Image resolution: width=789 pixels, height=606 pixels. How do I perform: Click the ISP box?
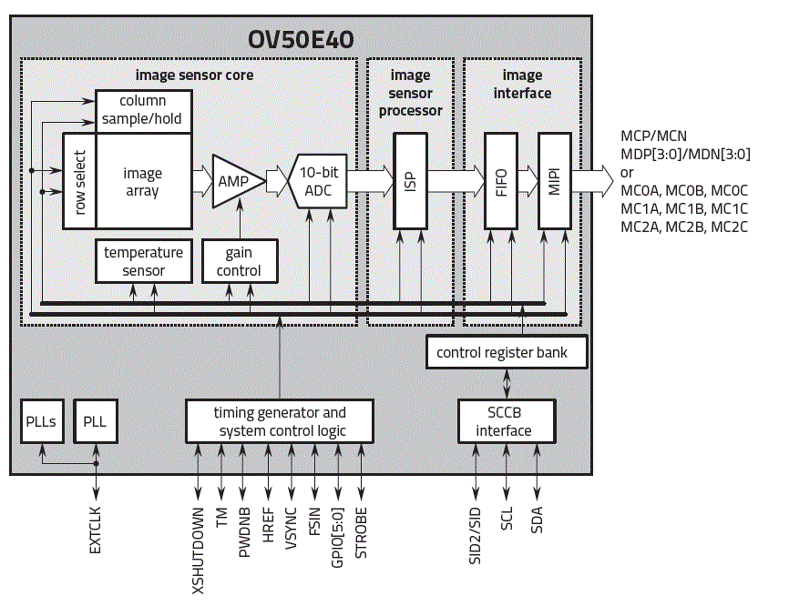(x=409, y=180)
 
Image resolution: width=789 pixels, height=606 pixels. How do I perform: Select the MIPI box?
(x=555, y=180)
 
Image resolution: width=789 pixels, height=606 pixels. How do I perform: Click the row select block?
(x=79, y=181)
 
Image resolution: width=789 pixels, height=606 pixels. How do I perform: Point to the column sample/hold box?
(x=143, y=110)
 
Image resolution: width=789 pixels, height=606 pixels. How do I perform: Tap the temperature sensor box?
(x=143, y=261)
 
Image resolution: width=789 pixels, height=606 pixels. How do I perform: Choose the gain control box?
(x=239, y=261)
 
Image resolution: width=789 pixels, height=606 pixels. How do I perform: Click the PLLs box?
(x=42, y=421)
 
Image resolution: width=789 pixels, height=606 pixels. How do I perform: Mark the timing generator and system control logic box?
(x=280, y=421)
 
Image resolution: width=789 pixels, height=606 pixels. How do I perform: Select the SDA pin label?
(x=538, y=519)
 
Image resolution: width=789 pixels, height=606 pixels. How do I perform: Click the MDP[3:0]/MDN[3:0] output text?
(x=684, y=154)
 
